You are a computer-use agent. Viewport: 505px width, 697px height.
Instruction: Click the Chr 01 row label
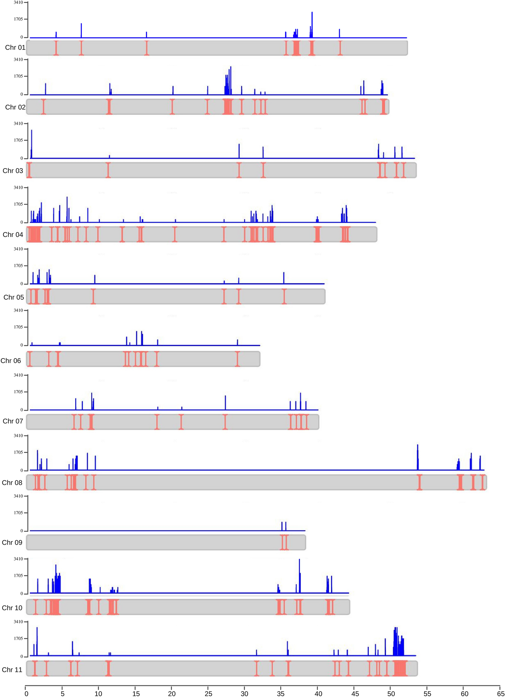[15, 47]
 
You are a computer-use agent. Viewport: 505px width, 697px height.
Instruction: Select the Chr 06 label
[11, 361]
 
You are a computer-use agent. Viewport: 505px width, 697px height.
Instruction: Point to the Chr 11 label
[12, 670]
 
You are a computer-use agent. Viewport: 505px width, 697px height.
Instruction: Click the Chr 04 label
[13, 235]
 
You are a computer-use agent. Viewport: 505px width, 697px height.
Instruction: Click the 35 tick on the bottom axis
[281, 693]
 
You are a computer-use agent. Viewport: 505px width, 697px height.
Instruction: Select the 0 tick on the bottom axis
[27, 693]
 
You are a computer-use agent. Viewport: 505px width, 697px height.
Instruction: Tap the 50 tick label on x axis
[391, 693]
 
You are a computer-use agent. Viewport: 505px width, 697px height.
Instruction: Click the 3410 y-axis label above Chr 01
[18, 2]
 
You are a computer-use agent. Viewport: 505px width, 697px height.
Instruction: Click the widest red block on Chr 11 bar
[400, 668]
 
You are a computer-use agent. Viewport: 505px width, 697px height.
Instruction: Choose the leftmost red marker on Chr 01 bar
[56, 48]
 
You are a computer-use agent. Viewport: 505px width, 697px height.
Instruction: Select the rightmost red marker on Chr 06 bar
[237, 359]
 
